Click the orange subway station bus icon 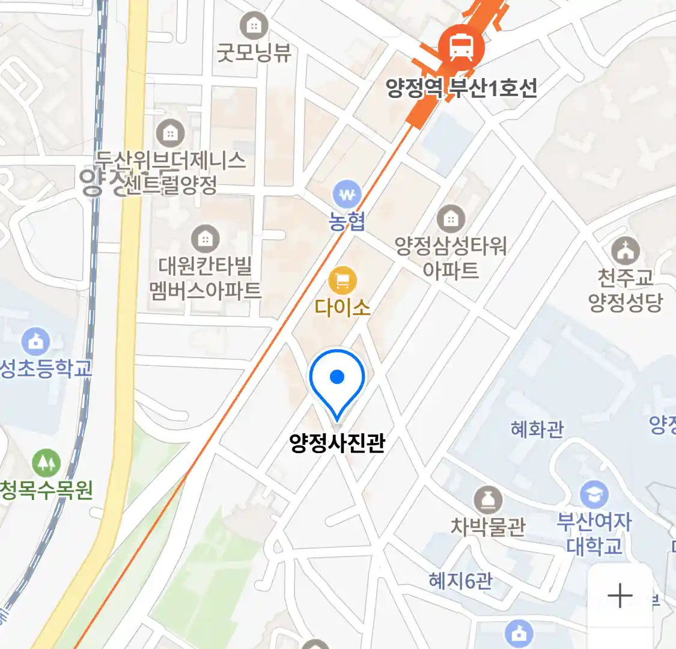(x=460, y=46)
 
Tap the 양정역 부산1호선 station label (x=461, y=88)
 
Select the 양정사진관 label (x=337, y=443)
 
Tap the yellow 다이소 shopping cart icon (x=343, y=280)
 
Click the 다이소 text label (x=343, y=308)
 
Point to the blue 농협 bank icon (x=347, y=195)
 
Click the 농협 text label (x=347, y=221)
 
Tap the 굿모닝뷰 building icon (x=254, y=25)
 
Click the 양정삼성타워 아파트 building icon (x=451, y=219)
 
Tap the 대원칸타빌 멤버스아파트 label (x=206, y=278)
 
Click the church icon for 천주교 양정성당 (x=626, y=250)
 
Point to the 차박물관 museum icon (x=488, y=500)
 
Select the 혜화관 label (x=537, y=429)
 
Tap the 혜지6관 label (x=460, y=580)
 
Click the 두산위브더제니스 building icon (x=171, y=133)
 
